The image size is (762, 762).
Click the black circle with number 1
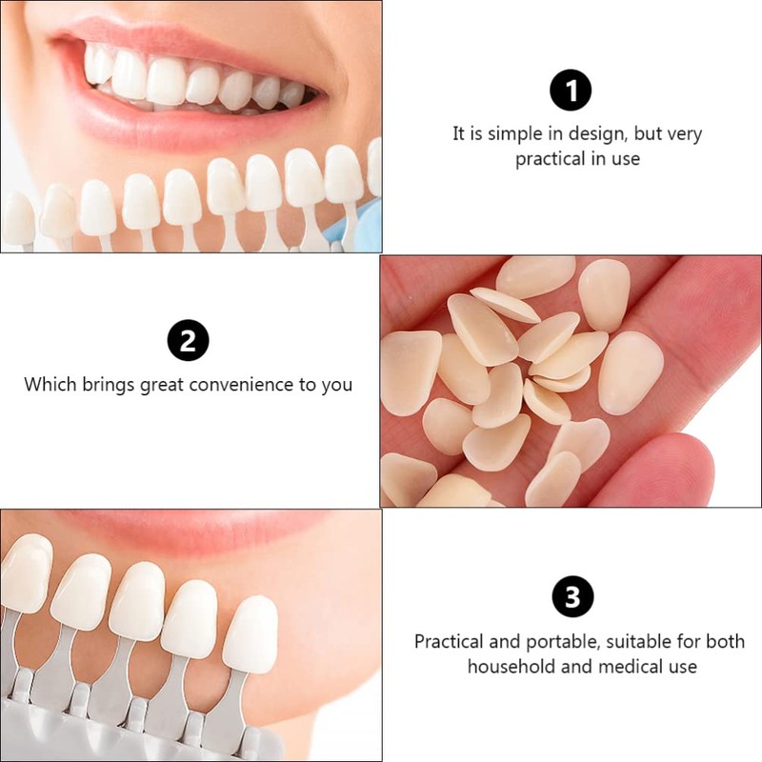tap(571, 91)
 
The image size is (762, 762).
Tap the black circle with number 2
tap(188, 341)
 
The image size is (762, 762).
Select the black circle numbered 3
tap(572, 597)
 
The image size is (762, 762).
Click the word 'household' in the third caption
tap(511, 667)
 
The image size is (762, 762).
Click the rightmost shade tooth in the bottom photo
tap(251, 632)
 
